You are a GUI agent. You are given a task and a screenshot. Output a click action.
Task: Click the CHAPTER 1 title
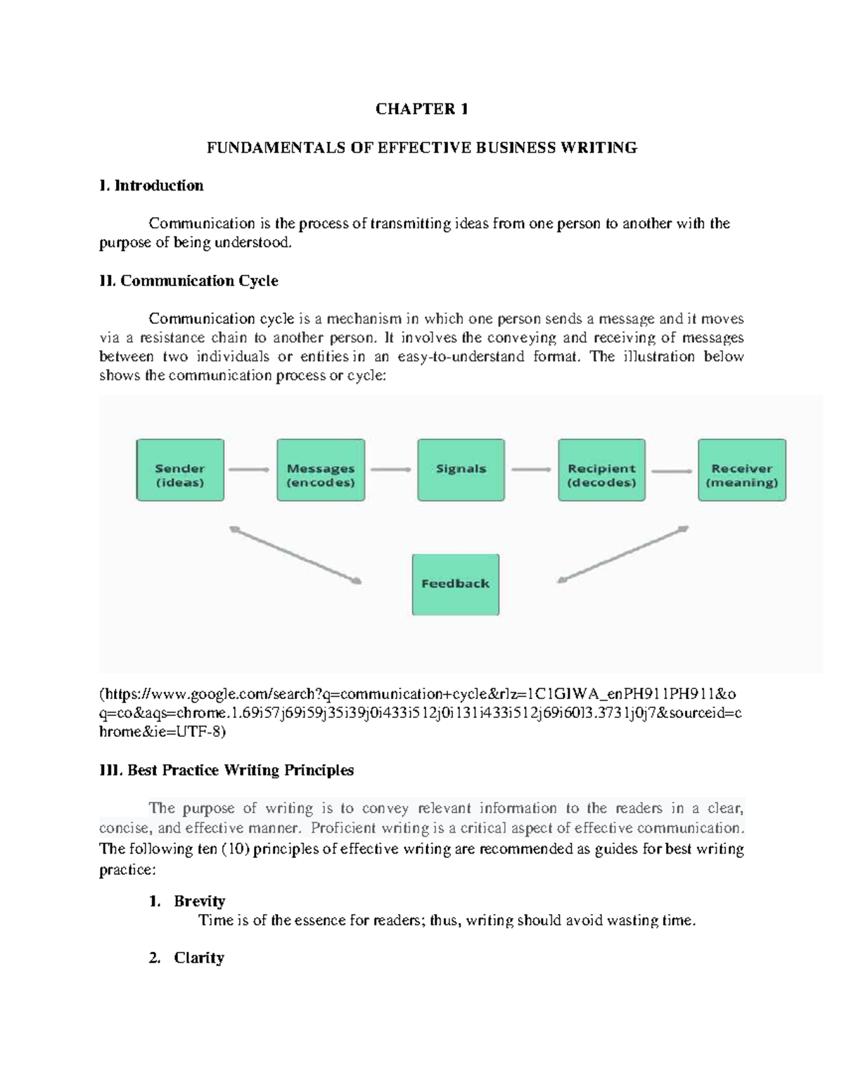[x=421, y=109]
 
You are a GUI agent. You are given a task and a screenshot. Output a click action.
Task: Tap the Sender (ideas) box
[x=180, y=470]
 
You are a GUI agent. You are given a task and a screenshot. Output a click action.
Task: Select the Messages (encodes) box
[x=321, y=470]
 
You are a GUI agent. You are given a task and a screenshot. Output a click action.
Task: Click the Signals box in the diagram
[x=461, y=470]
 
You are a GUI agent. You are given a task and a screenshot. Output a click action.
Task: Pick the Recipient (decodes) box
[x=601, y=470]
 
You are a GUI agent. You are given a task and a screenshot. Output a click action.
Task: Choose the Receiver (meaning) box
[x=742, y=470]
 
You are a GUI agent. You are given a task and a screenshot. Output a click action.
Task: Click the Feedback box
[x=455, y=584]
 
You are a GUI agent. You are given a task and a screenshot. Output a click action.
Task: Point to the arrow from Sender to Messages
[x=250, y=470]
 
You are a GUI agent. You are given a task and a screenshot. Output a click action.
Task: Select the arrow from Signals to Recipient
[x=531, y=470]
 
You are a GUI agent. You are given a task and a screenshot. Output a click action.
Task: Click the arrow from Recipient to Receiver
[x=672, y=470]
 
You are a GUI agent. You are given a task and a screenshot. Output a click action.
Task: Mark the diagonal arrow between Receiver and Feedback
[x=622, y=555]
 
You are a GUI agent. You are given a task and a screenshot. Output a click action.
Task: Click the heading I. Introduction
[x=151, y=186]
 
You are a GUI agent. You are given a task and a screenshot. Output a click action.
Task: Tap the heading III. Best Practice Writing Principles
[x=226, y=771]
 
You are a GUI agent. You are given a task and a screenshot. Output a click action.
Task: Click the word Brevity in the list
[x=200, y=901]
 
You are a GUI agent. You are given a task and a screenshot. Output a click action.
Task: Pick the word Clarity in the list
[x=199, y=958]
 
